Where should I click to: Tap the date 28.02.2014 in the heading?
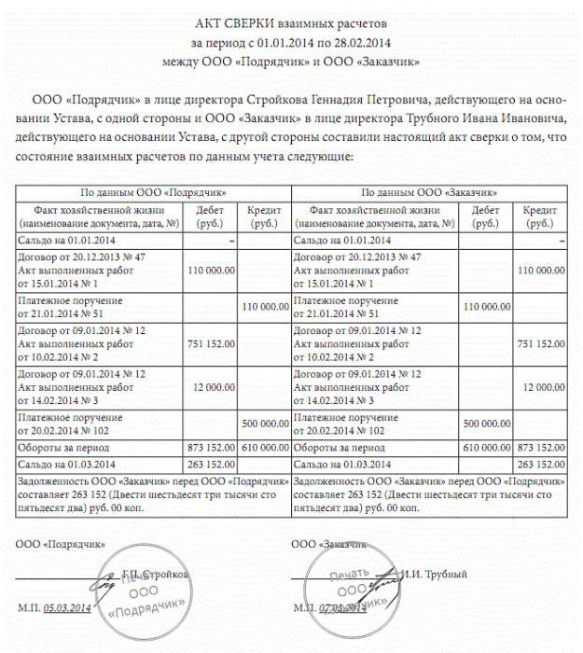(356, 42)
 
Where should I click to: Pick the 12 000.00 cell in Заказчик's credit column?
(540, 386)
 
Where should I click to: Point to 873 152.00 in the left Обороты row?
(211, 448)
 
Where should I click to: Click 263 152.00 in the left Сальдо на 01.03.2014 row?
(211, 464)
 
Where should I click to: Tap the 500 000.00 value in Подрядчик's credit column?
(265, 423)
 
